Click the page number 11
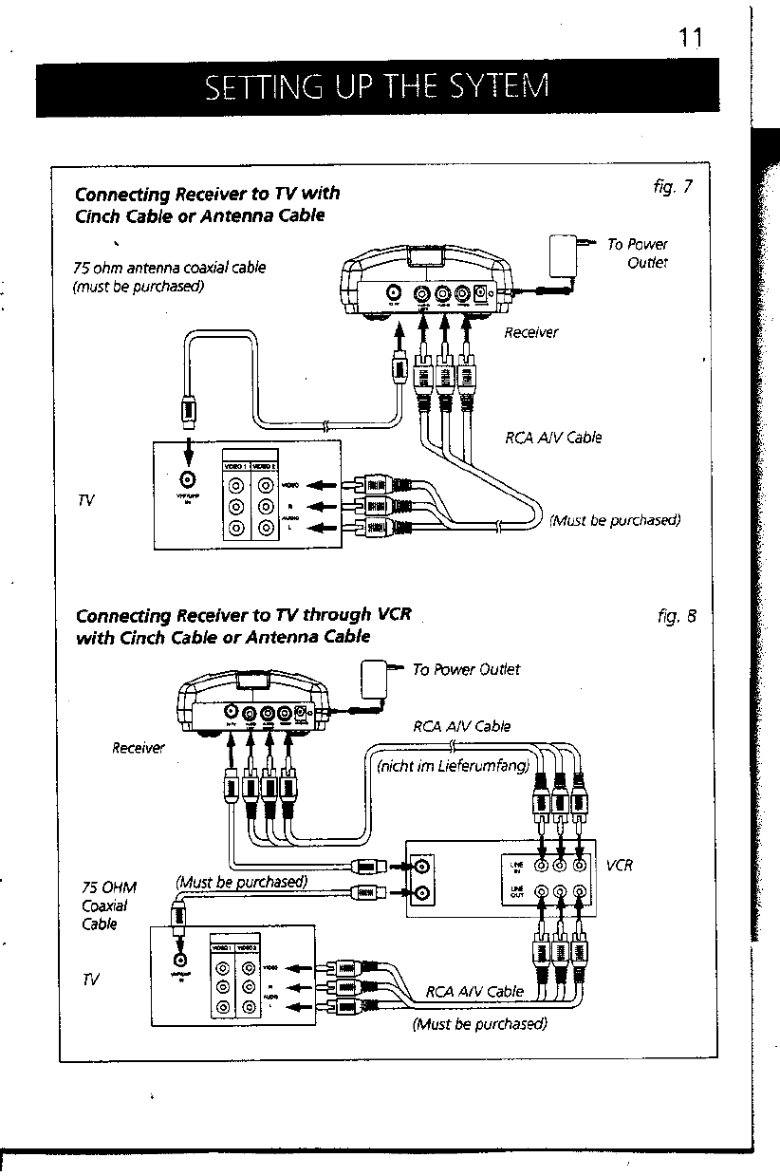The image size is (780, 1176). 689,37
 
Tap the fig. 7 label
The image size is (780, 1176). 675,185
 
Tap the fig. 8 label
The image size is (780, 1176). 677,614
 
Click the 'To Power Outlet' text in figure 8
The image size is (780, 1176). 466,669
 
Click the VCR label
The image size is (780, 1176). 619,865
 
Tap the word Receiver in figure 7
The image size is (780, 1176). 531,331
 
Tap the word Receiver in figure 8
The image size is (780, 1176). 139,748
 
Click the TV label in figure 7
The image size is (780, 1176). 85,499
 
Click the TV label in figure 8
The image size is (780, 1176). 91,979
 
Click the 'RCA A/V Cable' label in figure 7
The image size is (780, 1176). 553,438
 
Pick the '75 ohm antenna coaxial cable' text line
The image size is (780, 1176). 169,268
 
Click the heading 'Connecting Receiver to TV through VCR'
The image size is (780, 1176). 243,613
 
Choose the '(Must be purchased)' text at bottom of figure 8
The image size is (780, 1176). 480,1023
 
